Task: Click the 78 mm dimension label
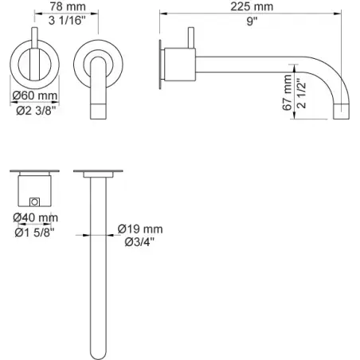(x=68, y=6)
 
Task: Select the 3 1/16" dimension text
(x=67, y=20)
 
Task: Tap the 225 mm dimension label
(x=252, y=6)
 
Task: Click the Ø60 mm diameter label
(x=35, y=96)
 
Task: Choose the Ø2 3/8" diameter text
(x=37, y=110)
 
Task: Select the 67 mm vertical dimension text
(x=287, y=92)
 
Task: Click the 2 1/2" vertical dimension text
(x=302, y=93)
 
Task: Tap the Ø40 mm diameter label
(x=36, y=217)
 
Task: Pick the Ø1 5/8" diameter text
(x=34, y=233)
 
